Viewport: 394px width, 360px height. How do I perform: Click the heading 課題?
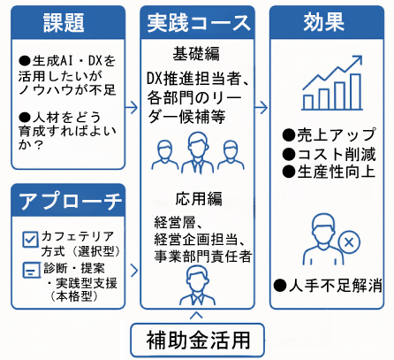pyautogui.click(x=64, y=23)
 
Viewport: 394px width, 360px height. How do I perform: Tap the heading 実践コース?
pyautogui.click(x=199, y=23)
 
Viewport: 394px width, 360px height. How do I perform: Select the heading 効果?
pyautogui.click(x=323, y=22)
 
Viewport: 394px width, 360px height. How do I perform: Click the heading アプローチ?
pyautogui.click(x=70, y=201)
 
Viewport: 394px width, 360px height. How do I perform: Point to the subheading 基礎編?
pyautogui.click(x=196, y=54)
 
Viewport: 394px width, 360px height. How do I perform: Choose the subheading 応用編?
pyautogui.click(x=199, y=198)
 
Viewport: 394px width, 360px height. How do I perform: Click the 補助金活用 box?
pyautogui.click(x=197, y=340)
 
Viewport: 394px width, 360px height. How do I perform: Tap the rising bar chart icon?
pyautogui.click(x=332, y=83)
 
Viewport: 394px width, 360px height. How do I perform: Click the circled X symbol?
pyautogui.click(x=349, y=242)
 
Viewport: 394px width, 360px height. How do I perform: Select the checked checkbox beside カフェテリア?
pyautogui.click(x=30, y=239)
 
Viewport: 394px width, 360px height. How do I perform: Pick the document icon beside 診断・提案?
pyautogui.click(x=32, y=270)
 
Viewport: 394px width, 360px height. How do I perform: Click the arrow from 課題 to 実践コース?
pyautogui.click(x=132, y=107)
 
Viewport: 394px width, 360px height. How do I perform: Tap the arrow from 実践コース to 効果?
pyautogui.click(x=261, y=107)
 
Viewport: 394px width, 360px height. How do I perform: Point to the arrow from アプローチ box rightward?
pyautogui.click(x=134, y=271)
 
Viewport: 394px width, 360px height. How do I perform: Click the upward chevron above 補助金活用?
pyautogui.click(x=196, y=315)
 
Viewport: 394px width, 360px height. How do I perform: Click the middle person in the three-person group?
pyautogui.click(x=198, y=152)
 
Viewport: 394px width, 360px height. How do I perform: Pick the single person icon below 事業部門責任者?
pyautogui.click(x=197, y=285)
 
